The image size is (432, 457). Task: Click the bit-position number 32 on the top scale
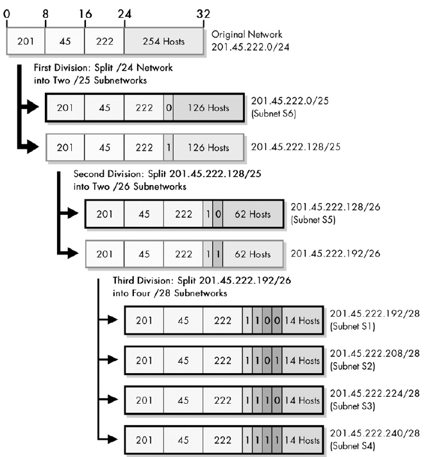pyautogui.click(x=204, y=13)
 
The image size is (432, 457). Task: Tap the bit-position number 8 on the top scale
pyautogui.click(x=46, y=13)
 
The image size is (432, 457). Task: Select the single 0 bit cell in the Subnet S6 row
pyautogui.click(x=169, y=108)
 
